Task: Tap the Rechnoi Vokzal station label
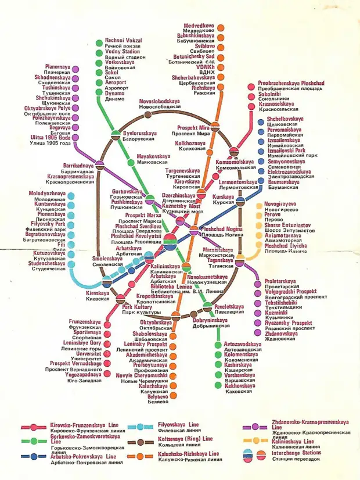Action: [123, 40]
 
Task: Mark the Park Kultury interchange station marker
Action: [121, 299]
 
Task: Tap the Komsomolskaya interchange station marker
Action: [234, 152]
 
